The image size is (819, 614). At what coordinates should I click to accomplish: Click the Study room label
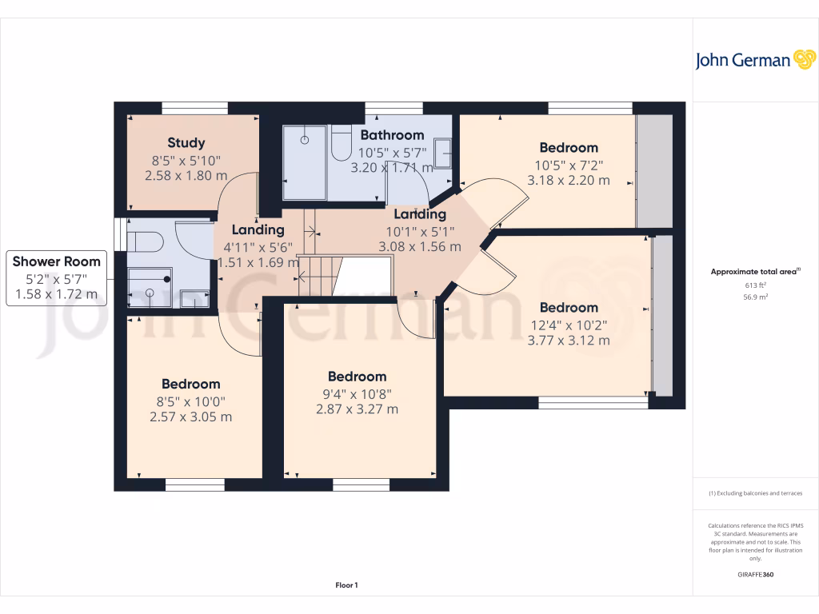[186, 143]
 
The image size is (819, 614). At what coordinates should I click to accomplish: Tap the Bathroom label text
[392, 135]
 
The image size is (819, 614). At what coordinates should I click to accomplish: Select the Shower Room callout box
[57, 277]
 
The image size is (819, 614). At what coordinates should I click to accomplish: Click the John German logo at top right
[753, 60]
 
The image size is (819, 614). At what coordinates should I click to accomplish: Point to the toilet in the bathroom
[342, 141]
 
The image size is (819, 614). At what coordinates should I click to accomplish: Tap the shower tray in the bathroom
[305, 162]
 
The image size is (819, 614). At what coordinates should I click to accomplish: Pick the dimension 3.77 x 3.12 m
[568, 340]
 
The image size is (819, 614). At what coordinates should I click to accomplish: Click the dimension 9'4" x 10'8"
[357, 393]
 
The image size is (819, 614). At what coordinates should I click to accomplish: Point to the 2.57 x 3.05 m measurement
[190, 417]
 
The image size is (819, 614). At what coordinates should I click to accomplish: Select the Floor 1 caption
[346, 585]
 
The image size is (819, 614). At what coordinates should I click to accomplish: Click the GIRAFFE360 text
[755, 575]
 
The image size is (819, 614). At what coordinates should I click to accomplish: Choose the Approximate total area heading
[755, 272]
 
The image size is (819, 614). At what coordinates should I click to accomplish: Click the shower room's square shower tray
[150, 287]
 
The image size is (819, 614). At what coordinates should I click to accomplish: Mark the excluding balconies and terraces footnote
[755, 493]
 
